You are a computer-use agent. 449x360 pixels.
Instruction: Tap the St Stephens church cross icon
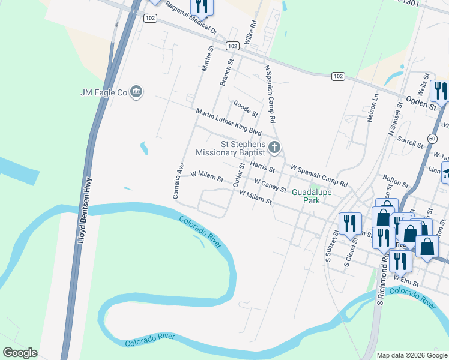pyautogui.click(x=274, y=147)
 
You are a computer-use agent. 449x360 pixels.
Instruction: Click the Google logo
pyautogui.click(x=20, y=353)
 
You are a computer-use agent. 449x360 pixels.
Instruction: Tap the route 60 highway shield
pyautogui.click(x=432, y=139)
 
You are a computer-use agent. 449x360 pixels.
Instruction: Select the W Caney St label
pyautogui.click(x=270, y=185)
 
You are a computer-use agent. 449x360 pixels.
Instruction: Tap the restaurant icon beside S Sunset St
pyautogui.click(x=349, y=224)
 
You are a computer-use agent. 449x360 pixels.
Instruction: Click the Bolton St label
pyautogui.click(x=396, y=181)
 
